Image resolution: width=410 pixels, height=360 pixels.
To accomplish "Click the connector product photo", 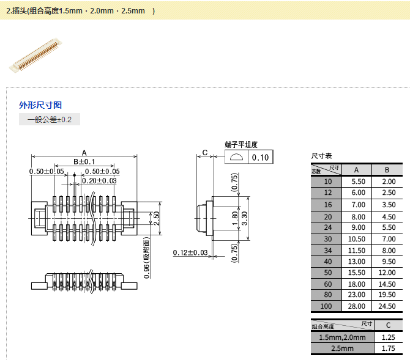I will [36, 56].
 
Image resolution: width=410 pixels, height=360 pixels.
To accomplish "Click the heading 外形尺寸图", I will [40, 105].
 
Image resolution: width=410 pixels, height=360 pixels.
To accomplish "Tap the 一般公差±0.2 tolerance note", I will [50, 120].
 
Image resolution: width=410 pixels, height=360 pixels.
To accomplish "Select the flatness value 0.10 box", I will [261, 158].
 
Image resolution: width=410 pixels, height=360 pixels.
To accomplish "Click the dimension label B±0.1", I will [84, 162].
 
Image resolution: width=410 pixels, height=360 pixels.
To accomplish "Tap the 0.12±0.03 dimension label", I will [190, 252].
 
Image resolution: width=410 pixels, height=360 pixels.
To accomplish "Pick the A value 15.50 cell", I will [359, 271].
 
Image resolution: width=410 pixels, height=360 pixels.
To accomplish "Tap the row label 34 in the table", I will [328, 251].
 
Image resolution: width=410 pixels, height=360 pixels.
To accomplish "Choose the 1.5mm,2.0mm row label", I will [341, 337].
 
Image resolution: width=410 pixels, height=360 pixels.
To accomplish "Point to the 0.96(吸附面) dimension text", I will [147, 257].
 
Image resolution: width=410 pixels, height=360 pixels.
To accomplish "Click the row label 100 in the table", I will [328, 306].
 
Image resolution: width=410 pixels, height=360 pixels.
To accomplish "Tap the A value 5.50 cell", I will [359, 182].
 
